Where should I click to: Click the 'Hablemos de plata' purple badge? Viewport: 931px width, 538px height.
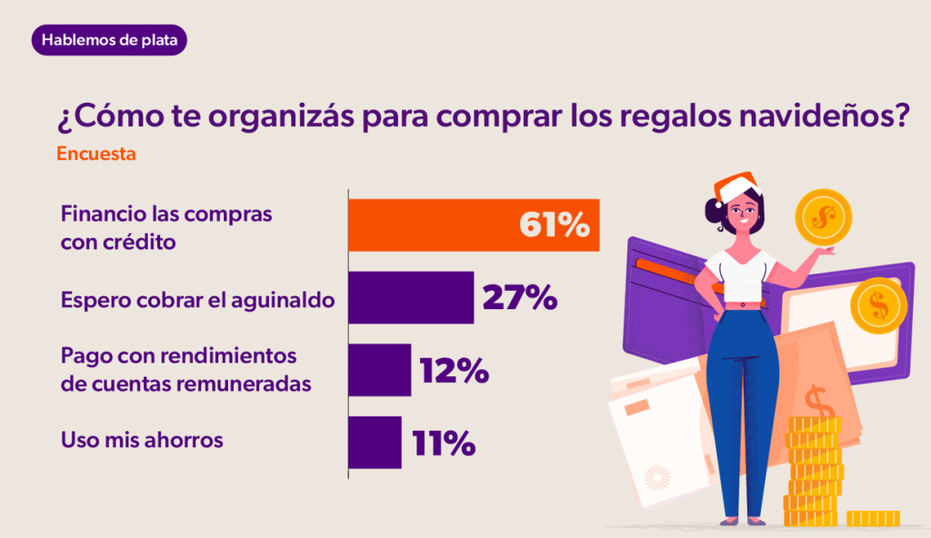[x=109, y=40]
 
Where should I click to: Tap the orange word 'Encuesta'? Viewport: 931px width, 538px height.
[x=96, y=154]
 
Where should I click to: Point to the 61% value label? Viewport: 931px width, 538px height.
[x=554, y=225]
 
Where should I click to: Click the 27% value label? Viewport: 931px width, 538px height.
[x=519, y=297]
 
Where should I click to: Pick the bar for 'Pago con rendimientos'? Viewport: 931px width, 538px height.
[x=379, y=370]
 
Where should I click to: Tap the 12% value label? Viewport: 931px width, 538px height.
[x=454, y=370]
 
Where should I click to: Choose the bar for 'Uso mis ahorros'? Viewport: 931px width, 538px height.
[x=375, y=443]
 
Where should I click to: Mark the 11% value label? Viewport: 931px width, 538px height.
[x=443, y=443]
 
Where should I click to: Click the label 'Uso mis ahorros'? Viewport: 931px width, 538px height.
[x=142, y=440]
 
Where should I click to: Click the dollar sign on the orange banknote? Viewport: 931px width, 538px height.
[x=816, y=401]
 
